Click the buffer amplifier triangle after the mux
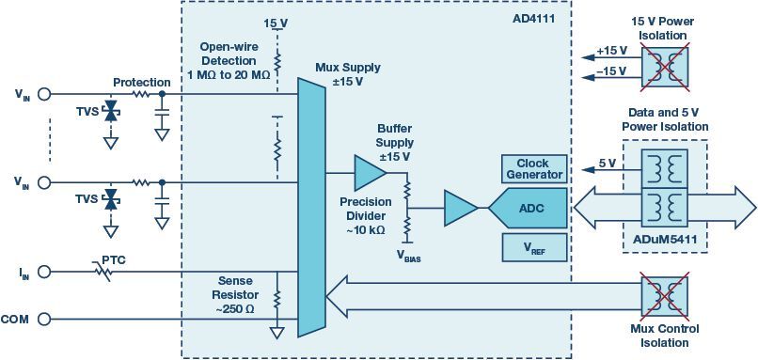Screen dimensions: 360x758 [x=369, y=173]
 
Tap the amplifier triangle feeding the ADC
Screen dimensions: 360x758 [x=459, y=208]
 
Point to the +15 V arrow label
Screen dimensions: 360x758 [x=611, y=51]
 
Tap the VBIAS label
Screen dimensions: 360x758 [x=410, y=255]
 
